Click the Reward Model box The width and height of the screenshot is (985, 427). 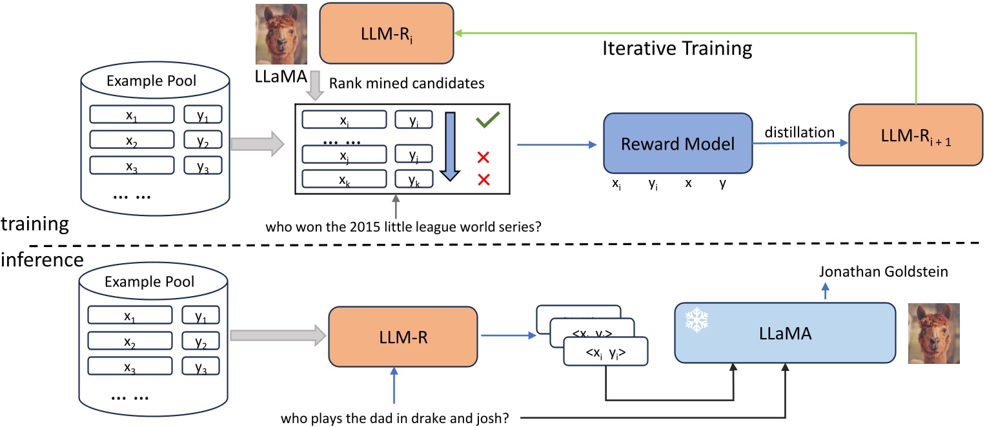(678, 143)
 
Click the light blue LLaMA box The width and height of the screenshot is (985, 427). (786, 334)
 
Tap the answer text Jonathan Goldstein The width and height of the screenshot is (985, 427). (883, 272)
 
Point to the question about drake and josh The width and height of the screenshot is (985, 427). (395, 417)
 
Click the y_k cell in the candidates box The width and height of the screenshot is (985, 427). (414, 180)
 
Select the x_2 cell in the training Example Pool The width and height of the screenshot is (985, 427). (132, 141)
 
